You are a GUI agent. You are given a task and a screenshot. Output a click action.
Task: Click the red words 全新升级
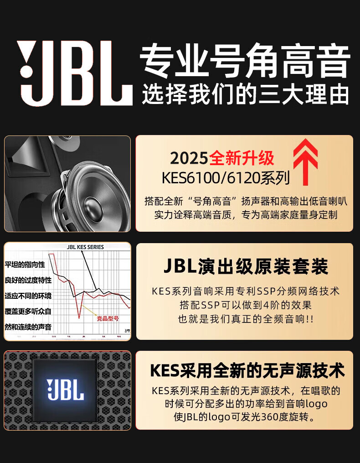(242, 158)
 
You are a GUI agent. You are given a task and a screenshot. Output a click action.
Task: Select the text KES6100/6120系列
(226, 178)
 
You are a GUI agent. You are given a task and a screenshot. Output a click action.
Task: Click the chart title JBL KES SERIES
(85, 247)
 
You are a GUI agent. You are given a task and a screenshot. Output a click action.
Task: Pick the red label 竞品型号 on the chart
(108, 318)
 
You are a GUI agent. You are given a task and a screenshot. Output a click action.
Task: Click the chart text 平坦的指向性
(25, 265)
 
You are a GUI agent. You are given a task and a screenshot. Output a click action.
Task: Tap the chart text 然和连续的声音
(28, 327)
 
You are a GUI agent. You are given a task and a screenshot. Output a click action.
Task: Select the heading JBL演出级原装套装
(245, 267)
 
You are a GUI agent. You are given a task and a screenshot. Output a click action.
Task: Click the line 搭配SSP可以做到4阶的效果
(245, 305)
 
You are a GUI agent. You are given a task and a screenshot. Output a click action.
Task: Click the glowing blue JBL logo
(66, 390)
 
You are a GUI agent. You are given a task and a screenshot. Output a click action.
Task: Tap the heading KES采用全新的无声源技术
(247, 370)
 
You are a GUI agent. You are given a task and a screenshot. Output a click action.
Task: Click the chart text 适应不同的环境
(28, 296)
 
